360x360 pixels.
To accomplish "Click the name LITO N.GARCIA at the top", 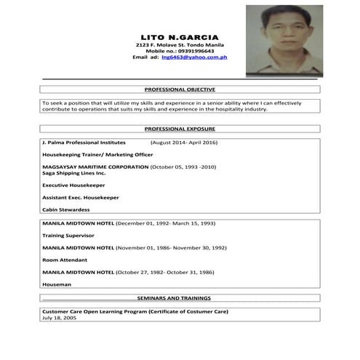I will coord(180,36).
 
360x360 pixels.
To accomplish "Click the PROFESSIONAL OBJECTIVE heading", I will coord(180,89).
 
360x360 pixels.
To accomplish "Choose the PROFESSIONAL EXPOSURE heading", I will coord(180,129).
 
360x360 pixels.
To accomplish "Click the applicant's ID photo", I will coord(284,40).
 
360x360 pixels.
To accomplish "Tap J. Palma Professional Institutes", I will coord(84,143).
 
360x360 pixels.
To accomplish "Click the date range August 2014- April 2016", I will coord(184,143).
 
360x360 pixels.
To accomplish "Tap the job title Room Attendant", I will coord(65,260).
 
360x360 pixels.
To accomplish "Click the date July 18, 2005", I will coord(59,319).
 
